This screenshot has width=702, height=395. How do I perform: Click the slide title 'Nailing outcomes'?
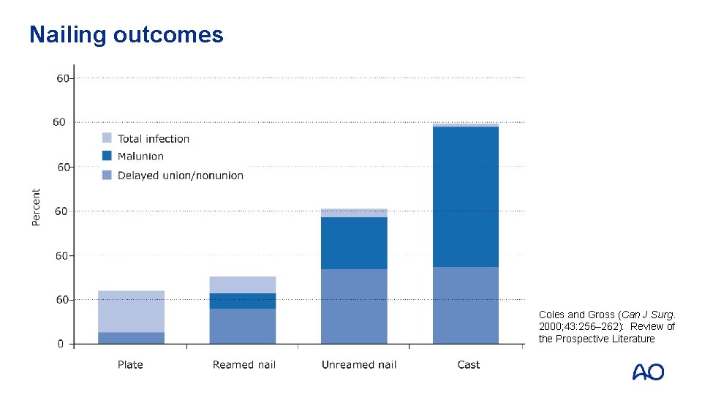pyautogui.click(x=126, y=34)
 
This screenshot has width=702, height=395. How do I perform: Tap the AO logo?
pyautogui.click(x=648, y=372)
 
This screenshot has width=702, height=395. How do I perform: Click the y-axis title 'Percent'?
pyautogui.click(x=37, y=208)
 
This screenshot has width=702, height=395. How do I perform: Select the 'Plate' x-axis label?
pyautogui.click(x=130, y=364)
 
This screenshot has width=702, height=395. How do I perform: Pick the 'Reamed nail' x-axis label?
pyautogui.click(x=244, y=364)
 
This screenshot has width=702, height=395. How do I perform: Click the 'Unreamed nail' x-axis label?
pyautogui.click(x=358, y=364)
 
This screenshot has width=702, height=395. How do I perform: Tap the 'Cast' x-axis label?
pyautogui.click(x=469, y=364)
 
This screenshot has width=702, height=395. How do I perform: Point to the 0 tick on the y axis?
pyautogui.click(x=61, y=344)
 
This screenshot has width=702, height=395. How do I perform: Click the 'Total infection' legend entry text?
pyautogui.click(x=154, y=139)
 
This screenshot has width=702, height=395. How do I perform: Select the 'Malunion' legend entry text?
pyautogui.click(x=140, y=157)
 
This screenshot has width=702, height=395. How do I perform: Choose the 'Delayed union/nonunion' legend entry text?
pyautogui.click(x=181, y=176)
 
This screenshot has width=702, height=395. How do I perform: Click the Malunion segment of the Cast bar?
pyautogui.click(x=466, y=196)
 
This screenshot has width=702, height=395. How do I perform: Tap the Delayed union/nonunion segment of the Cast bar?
pyautogui.click(x=466, y=305)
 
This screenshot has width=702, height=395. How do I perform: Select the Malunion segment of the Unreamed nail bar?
pyautogui.click(x=354, y=243)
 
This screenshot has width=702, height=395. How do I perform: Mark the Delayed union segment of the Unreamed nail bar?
pyautogui.click(x=354, y=306)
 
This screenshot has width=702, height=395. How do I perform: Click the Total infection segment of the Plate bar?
pyautogui.click(x=132, y=311)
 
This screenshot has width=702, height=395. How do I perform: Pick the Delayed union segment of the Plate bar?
pyautogui.click(x=132, y=338)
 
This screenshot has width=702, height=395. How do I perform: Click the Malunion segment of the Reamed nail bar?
pyautogui.click(x=243, y=301)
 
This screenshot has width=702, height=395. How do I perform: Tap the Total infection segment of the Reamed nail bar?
pyautogui.click(x=243, y=285)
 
